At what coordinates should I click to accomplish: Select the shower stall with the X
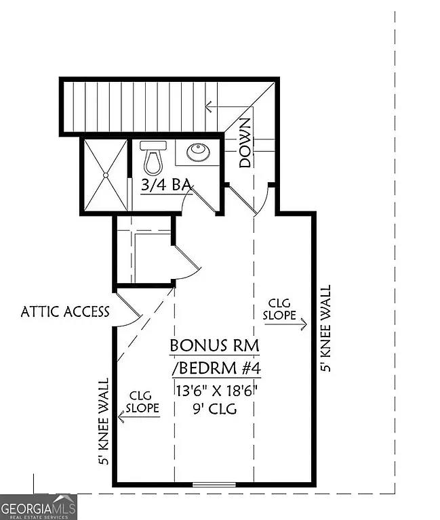pos(104,175)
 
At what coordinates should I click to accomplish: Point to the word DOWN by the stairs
pos(245,143)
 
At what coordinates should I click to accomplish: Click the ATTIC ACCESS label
pos(65,311)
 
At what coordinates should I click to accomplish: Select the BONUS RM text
pos(214,345)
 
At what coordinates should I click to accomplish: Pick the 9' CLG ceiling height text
pos(214,408)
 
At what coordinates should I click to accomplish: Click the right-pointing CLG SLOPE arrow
pos(285,324)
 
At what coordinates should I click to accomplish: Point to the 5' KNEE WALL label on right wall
pos(326,328)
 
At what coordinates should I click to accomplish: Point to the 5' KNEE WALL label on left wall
pos(104,422)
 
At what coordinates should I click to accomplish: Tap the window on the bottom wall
pos(214,484)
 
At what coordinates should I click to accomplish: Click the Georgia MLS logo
pos(39,506)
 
